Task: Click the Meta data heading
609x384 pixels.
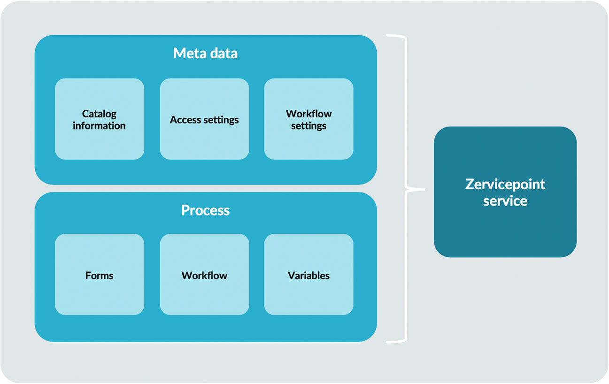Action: pyautogui.click(x=205, y=53)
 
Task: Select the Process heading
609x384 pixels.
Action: pyautogui.click(x=205, y=210)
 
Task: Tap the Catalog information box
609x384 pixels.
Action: pyautogui.click(x=99, y=119)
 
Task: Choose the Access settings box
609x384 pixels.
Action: pyautogui.click(x=204, y=119)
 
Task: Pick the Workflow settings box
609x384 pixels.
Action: pyautogui.click(x=308, y=119)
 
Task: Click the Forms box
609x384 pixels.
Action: pyautogui.click(x=99, y=275)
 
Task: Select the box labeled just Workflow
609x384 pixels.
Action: pyautogui.click(x=204, y=275)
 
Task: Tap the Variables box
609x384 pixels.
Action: pyautogui.click(x=308, y=275)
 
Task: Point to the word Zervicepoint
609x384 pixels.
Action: pyautogui.click(x=505, y=184)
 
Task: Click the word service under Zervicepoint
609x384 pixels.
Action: pyautogui.click(x=505, y=201)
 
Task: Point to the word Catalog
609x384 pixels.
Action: pyautogui.click(x=99, y=114)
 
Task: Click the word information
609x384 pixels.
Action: pyautogui.click(x=99, y=126)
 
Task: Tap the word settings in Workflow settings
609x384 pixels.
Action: pyautogui.click(x=308, y=126)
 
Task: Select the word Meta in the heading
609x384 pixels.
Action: pyautogui.click(x=186, y=53)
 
